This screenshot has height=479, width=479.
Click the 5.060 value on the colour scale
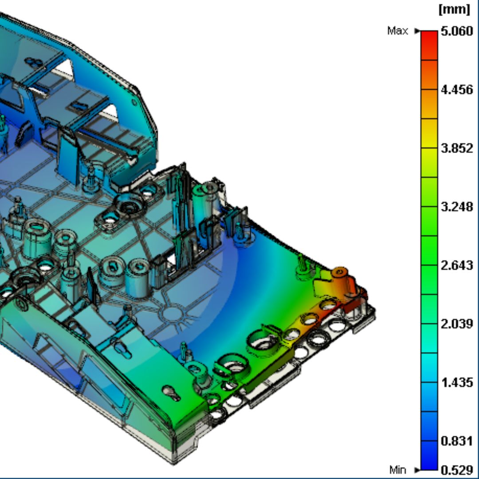456,31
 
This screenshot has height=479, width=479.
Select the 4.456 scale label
456,90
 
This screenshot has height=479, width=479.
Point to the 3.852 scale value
456,149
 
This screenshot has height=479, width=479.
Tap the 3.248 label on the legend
456,207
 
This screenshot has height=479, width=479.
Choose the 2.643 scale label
456,266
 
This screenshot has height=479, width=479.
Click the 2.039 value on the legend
456,324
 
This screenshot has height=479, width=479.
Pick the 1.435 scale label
456,383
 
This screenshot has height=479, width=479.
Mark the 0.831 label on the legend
456,441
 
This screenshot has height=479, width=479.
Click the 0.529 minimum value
456,470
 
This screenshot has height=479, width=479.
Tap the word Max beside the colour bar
397,31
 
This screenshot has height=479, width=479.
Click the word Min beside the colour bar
397,470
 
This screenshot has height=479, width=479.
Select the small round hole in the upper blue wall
133,102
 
